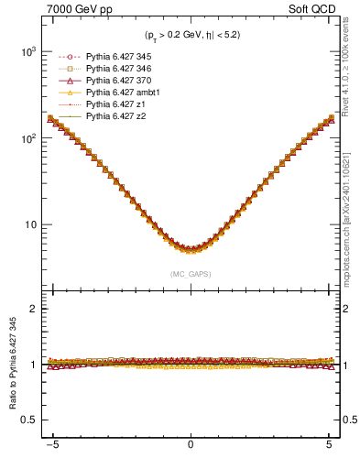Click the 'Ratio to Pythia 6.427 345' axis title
point(12,366)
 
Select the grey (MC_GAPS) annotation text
point(191,273)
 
